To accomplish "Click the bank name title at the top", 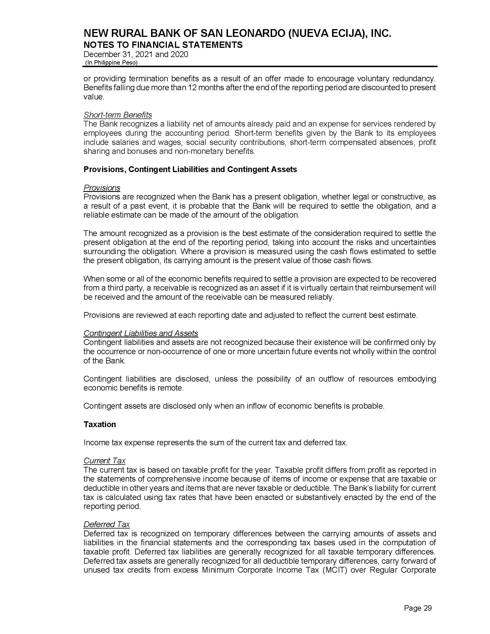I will pyautogui.click(x=237, y=34).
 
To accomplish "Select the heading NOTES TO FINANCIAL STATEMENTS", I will pyautogui.click(x=163, y=45).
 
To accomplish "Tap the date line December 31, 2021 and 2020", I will pyautogui.click(x=135, y=54).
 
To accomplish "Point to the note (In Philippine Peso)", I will pyautogui.click(x=111, y=63).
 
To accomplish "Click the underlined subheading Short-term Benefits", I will pyautogui.click(x=118, y=115).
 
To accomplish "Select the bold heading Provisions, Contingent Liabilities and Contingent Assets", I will pyautogui.click(x=190, y=169).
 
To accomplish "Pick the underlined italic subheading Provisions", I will pyautogui.click(x=101, y=188).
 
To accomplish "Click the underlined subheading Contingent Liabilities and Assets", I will pyautogui.click(x=140, y=333).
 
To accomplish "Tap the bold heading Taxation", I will pyautogui.click(x=99, y=424).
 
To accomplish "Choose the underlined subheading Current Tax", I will pyautogui.click(x=104, y=461).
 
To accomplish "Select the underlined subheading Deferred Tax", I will pyautogui.click(x=107, y=524).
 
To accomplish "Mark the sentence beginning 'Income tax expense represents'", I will pyautogui.click(x=215, y=443).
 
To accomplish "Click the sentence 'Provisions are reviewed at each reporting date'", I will pyautogui.click(x=250, y=315).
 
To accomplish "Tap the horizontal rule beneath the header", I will pyautogui.click(x=260, y=67).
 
